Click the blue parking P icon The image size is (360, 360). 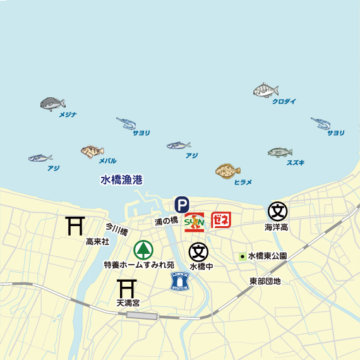tap(181, 204)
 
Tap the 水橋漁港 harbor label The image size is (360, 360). tap(121, 180)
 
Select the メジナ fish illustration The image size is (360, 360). tap(53, 104)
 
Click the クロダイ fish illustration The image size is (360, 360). tap(266, 90)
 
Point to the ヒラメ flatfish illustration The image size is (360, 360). tap(227, 171)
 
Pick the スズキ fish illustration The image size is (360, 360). tap(280, 152)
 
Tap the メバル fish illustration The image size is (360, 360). tap(92, 151)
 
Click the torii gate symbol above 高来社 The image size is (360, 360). tap(76, 225)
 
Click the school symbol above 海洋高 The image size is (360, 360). tap(277, 211)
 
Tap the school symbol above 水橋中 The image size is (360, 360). tap(198, 252)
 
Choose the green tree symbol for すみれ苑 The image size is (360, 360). tap(143, 250)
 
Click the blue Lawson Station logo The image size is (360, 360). tap(181, 282)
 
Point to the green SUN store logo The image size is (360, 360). tap(194, 222)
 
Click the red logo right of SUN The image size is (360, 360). tap(221, 220)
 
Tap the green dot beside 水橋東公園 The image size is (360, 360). tap(243, 256)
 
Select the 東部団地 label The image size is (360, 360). tap(265, 280)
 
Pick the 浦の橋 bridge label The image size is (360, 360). tap(166, 221)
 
